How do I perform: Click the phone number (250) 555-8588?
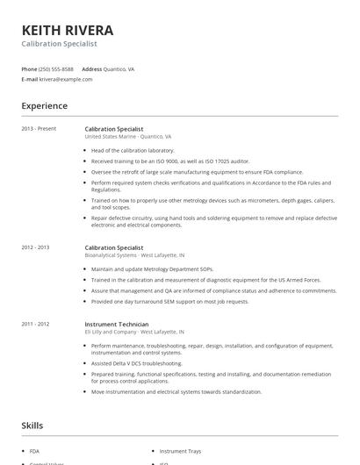(x=57, y=68)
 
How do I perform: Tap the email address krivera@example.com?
(x=66, y=79)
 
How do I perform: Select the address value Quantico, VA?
(x=119, y=68)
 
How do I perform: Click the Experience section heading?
(x=44, y=106)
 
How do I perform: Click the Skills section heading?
(x=32, y=426)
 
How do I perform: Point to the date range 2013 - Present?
(x=39, y=129)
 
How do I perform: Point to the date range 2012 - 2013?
(x=36, y=247)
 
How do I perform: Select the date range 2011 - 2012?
(x=36, y=324)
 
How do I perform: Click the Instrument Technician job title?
(x=117, y=324)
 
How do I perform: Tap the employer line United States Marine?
(x=128, y=137)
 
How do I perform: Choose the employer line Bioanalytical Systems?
(x=134, y=255)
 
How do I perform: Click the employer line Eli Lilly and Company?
(x=134, y=332)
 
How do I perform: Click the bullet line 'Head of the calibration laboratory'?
(x=133, y=150)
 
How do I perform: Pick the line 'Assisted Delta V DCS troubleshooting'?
(x=137, y=362)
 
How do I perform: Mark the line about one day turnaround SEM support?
(x=169, y=301)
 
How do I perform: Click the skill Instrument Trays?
(x=180, y=450)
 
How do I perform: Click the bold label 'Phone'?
(x=30, y=68)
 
